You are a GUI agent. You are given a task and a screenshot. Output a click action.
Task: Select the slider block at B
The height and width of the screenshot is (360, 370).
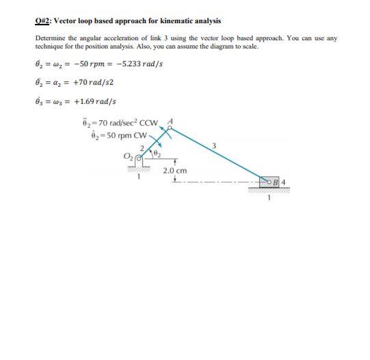pyautogui.click(x=276, y=182)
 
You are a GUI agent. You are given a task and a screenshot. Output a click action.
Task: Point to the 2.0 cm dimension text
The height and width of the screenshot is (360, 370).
pyautogui.click(x=176, y=169)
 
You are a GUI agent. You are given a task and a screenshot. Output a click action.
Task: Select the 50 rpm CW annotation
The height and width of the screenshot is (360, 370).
pyautogui.click(x=129, y=133)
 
